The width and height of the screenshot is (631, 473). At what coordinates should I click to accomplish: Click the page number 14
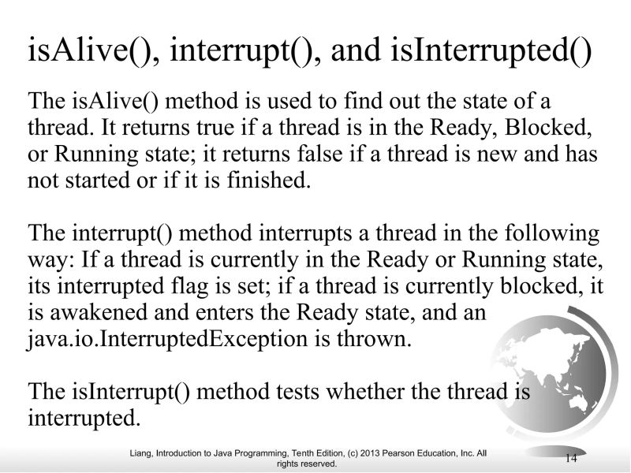click(x=572, y=458)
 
